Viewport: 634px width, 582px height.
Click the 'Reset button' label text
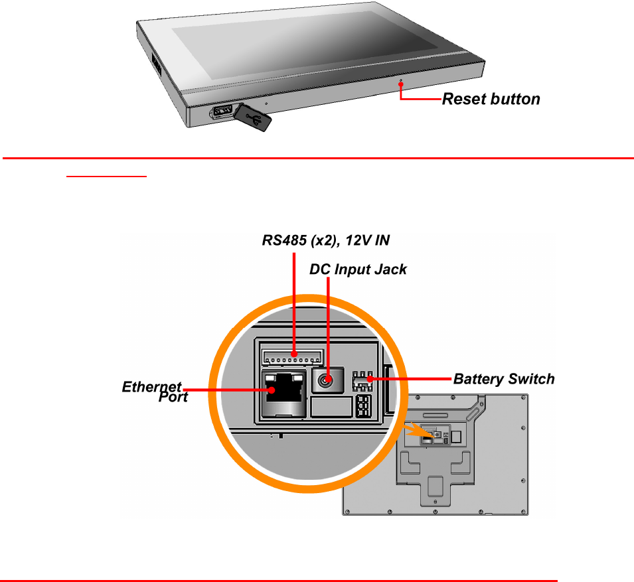click(491, 100)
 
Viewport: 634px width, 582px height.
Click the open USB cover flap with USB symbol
click(252, 117)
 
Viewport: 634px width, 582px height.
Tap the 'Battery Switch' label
click(503, 380)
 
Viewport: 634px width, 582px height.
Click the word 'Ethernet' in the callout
click(151, 386)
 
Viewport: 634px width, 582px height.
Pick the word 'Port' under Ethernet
click(173, 397)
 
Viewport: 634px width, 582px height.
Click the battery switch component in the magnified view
click(362, 381)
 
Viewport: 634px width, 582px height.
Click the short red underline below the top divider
click(106, 177)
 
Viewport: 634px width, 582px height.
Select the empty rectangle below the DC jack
click(331, 406)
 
